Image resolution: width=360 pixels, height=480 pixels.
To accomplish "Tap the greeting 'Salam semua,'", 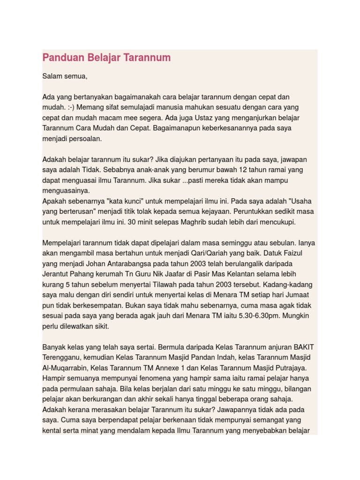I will (x=65, y=76).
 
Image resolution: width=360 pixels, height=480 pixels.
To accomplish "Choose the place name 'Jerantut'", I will (x=57, y=274).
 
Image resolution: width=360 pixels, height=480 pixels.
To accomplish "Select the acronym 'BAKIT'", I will (x=303, y=347).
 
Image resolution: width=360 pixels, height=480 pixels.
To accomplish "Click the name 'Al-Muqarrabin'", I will (x=65, y=367).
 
